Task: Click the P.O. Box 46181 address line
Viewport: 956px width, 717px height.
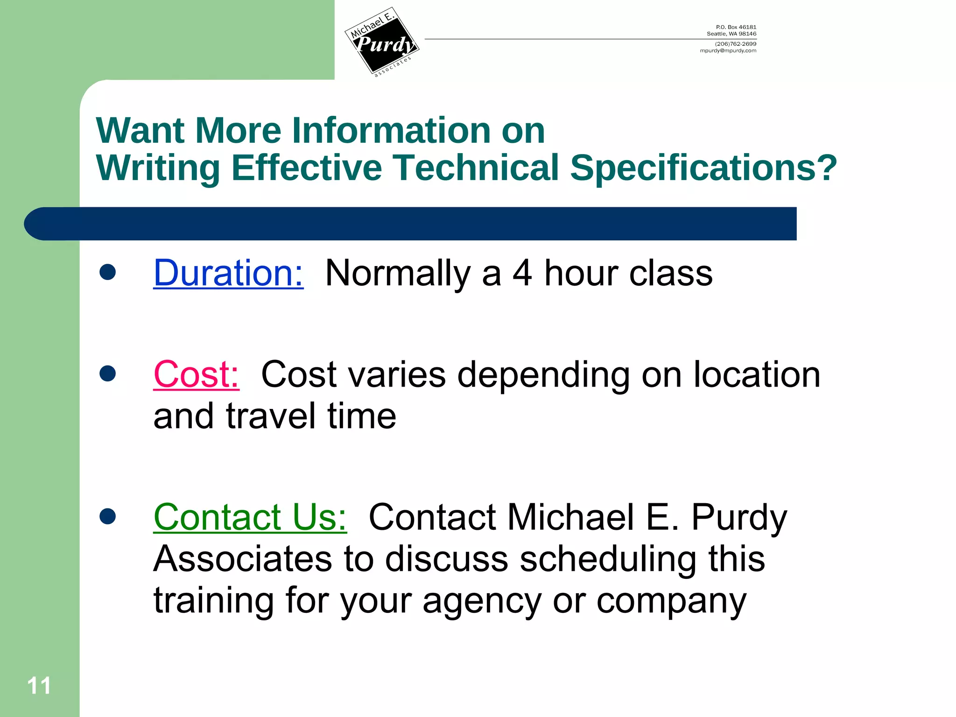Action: point(736,27)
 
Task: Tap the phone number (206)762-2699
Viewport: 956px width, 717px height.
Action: point(735,44)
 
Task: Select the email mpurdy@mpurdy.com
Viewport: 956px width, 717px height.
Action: point(728,51)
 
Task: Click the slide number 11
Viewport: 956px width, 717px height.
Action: point(39,686)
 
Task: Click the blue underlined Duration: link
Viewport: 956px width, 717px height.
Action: point(228,273)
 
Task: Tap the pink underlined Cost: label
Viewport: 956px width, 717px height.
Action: point(196,374)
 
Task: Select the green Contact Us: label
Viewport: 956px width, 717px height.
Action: point(250,517)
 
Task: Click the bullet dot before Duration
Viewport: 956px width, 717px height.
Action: point(108,272)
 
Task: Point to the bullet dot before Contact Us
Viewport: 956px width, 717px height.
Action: point(108,516)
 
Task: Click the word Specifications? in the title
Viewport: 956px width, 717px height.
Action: point(703,168)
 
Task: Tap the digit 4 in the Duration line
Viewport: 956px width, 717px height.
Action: point(522,273)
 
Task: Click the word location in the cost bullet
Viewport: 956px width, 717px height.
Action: point(757,374)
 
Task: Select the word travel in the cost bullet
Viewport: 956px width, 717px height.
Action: point(271,416)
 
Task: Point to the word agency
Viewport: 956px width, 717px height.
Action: point(482,601)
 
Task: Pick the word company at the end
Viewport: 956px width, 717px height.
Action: point(671,601)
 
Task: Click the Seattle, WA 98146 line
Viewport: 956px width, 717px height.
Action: point(731,34)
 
